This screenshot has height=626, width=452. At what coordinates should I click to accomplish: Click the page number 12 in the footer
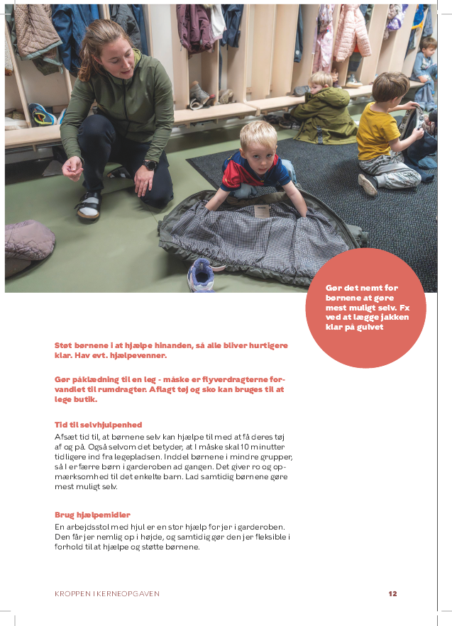click(x=392, y=593)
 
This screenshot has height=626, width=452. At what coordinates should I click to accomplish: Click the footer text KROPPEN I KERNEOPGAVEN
click(x=107, y=593)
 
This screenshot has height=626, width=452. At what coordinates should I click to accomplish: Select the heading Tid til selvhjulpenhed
click(x=98, y=425)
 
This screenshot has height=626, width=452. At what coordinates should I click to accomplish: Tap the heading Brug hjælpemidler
click(x=92, y=515)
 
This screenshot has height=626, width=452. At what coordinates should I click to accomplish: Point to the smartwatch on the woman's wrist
click(x=150, y=164)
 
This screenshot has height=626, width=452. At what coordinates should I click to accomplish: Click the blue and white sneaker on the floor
click(x=201, y=274)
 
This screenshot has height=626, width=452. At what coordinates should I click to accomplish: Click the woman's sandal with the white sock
click(x=89, y=206)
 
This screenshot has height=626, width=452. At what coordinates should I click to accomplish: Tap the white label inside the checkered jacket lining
click(x=262, y=211)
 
